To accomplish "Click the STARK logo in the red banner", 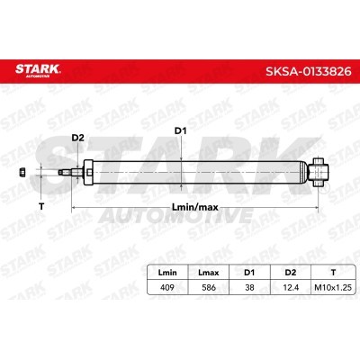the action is tap(38, 70).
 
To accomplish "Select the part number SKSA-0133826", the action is tap(309, 71).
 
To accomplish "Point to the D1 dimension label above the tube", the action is tap(181, 131).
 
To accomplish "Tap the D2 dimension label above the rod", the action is tap(77, 138).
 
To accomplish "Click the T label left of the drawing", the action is tap(41, 206).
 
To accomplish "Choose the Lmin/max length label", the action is tap(195, 207).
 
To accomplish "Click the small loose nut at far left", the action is tap(22, 172).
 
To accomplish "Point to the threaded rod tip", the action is tap(61, 173).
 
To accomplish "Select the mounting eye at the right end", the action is tap(319, 172).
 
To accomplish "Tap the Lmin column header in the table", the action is tap(167, 273).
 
